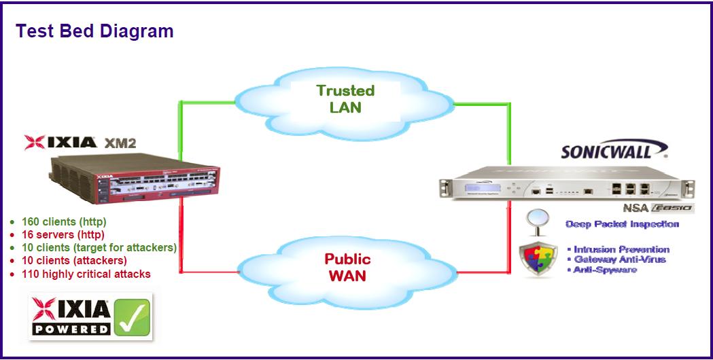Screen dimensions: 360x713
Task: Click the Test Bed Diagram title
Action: [x=94, y=31]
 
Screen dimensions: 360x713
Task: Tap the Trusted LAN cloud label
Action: [x=345, y=98]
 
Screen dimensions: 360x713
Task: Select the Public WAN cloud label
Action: [x=347, y=267]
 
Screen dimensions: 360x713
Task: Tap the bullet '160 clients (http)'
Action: [x=64, y=221]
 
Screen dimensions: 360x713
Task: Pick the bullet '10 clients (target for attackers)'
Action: [x=99, y=247]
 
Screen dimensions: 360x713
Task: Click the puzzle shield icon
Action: [x=538, y=259]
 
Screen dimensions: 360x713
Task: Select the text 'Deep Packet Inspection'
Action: [x=622, y=224]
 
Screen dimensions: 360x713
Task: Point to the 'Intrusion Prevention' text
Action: [x=621, y=249]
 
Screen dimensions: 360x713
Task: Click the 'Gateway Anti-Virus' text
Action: [x=619, y=259]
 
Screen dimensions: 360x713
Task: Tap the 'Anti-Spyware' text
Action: [x=605, y=270]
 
